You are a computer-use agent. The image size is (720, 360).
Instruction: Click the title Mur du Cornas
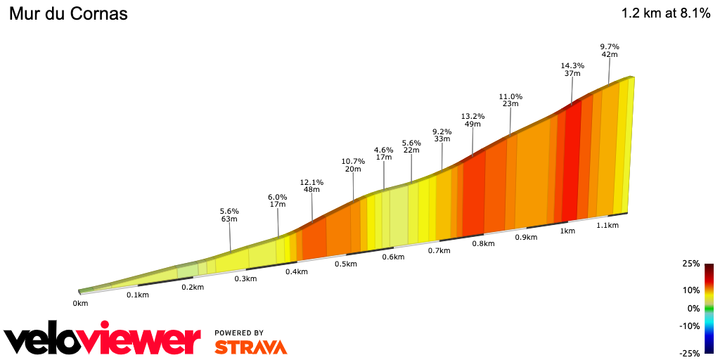pyautogui.click(x=68, y=14)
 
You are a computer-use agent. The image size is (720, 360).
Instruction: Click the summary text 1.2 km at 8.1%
pyautogui.click(x=665, y=13)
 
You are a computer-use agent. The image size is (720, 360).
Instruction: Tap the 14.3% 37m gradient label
pyautogui.click(x=572, y=69)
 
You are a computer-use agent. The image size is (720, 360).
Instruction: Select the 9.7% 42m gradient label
pyautogui.click(x=610, y=50)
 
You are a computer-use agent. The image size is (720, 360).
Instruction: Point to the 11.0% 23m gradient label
pyautogui.click(x=510, y=100)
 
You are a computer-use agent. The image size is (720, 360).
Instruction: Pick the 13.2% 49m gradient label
pyautogui.click(x=472, y=120)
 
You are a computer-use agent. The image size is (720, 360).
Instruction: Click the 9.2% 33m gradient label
pyautogui.click(x=442, y=135)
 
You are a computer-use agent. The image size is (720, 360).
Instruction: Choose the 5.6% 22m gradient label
pyautogui.click(x=411, y=146)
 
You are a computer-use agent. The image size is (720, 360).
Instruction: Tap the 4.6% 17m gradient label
pyautogui.click(x=384, y=153)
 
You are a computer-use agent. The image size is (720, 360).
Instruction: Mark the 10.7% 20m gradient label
pyautogui.click(x=353, y=165)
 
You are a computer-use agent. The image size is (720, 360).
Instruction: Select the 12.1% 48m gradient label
pyautogui.click(x=311, y=186)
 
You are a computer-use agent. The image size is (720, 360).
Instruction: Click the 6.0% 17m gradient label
pyautogui.click(x=278, y=200)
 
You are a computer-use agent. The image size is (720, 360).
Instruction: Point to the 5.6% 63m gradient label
pyautogui.click(x=230, y=214)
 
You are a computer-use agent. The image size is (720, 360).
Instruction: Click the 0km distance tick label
pyautogui.click(x=80, y=304)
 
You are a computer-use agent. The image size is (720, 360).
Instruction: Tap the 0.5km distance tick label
pyautogui.click(x=345, y=264)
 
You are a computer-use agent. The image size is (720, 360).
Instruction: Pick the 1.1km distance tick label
pyautogui.click(x=607, y=225)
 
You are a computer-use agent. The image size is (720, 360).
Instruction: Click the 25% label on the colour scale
pyautogui.click(x=690, y=264)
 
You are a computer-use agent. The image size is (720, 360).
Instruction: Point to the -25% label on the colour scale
pyautogui.click(x=690, y=353)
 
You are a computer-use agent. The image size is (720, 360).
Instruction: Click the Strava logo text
pyautogui.click(x=250, y=347)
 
